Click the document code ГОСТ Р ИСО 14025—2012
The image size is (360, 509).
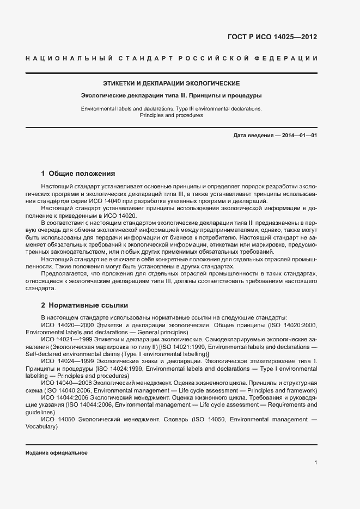coord(272,37)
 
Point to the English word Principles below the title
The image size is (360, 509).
coord(155,115)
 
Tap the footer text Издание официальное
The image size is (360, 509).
coord(57,453)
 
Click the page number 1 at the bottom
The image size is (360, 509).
coord(316,463)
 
